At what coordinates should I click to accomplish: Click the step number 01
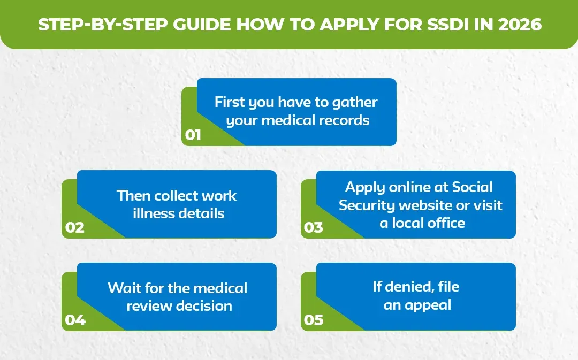[x=193, y=135]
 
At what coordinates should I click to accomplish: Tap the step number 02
[x=75, y=227]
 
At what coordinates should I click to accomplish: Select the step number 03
[x=314, y=227]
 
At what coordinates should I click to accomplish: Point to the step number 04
[x=75, y=320]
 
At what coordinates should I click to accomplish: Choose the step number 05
[x=314, y=320]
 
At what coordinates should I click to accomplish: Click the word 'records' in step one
[x=344, y=120]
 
